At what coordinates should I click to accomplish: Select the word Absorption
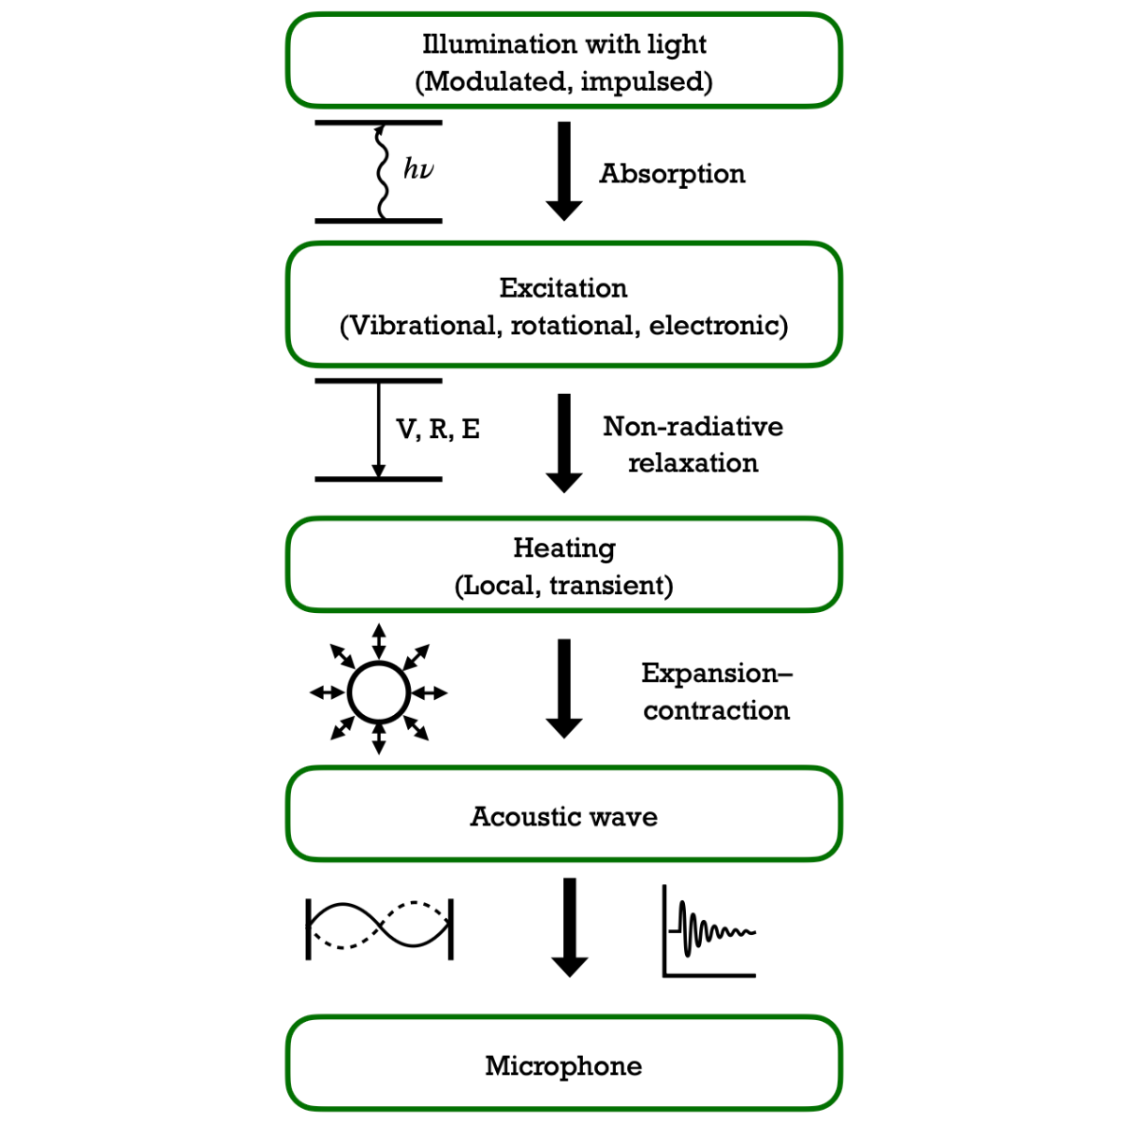[x=673, y=174]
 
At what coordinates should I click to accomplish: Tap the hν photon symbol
[x=418, y=169]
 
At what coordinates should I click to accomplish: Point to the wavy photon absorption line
[x=381, y=171]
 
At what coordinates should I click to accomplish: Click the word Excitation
[x=563, y=288]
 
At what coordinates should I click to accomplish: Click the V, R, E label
[x=438, y=430]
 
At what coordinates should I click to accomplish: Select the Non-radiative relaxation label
[x=693, y=445]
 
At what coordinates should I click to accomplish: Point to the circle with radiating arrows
[x=379, y=693]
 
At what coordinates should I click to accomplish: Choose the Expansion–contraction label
[x=717, y=692]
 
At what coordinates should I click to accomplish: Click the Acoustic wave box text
[x=563, y=816]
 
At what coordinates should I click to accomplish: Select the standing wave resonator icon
[x=380, y=929]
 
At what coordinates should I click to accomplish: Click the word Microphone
[x=563, y=1066]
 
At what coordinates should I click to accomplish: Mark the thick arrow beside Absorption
[x=564, y=171]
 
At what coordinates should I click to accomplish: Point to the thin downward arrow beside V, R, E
[x=379, y=430]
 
